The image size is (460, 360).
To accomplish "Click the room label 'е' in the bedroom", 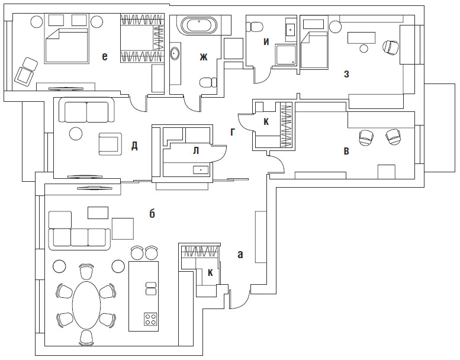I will pyautogui.click(x=105, y=56).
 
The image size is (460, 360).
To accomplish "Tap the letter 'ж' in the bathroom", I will pyautogui.click(x=204, y=57).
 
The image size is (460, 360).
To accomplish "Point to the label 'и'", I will pyautogui.click(x=266, y=41).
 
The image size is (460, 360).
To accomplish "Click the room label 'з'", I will pyautogui.click(x=346, y=74).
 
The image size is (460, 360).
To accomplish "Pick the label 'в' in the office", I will pyautogui.click(x=346, y=151).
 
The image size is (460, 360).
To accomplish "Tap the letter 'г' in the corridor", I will pyautogui.click(x=233, y=132).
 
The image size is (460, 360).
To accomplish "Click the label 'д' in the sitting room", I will pyautogui.click(x=134, y=146).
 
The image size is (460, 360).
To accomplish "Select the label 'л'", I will pyautogui.click(x=195, y=150).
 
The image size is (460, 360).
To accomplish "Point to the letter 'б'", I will pyautogui.click(x=152, y=214).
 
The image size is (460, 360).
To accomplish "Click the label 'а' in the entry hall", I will pyautogui.click(x=240, y=255).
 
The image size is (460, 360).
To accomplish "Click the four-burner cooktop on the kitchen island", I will pyautogui.click(x=150, y=320).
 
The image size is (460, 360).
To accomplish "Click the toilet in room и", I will pyautogui.click(x=256, y=26).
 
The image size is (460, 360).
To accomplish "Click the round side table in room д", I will pyautogui.click(x=76, y=133).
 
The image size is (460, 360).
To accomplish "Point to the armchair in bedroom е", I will pyautogui.click(x=25, y=72).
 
